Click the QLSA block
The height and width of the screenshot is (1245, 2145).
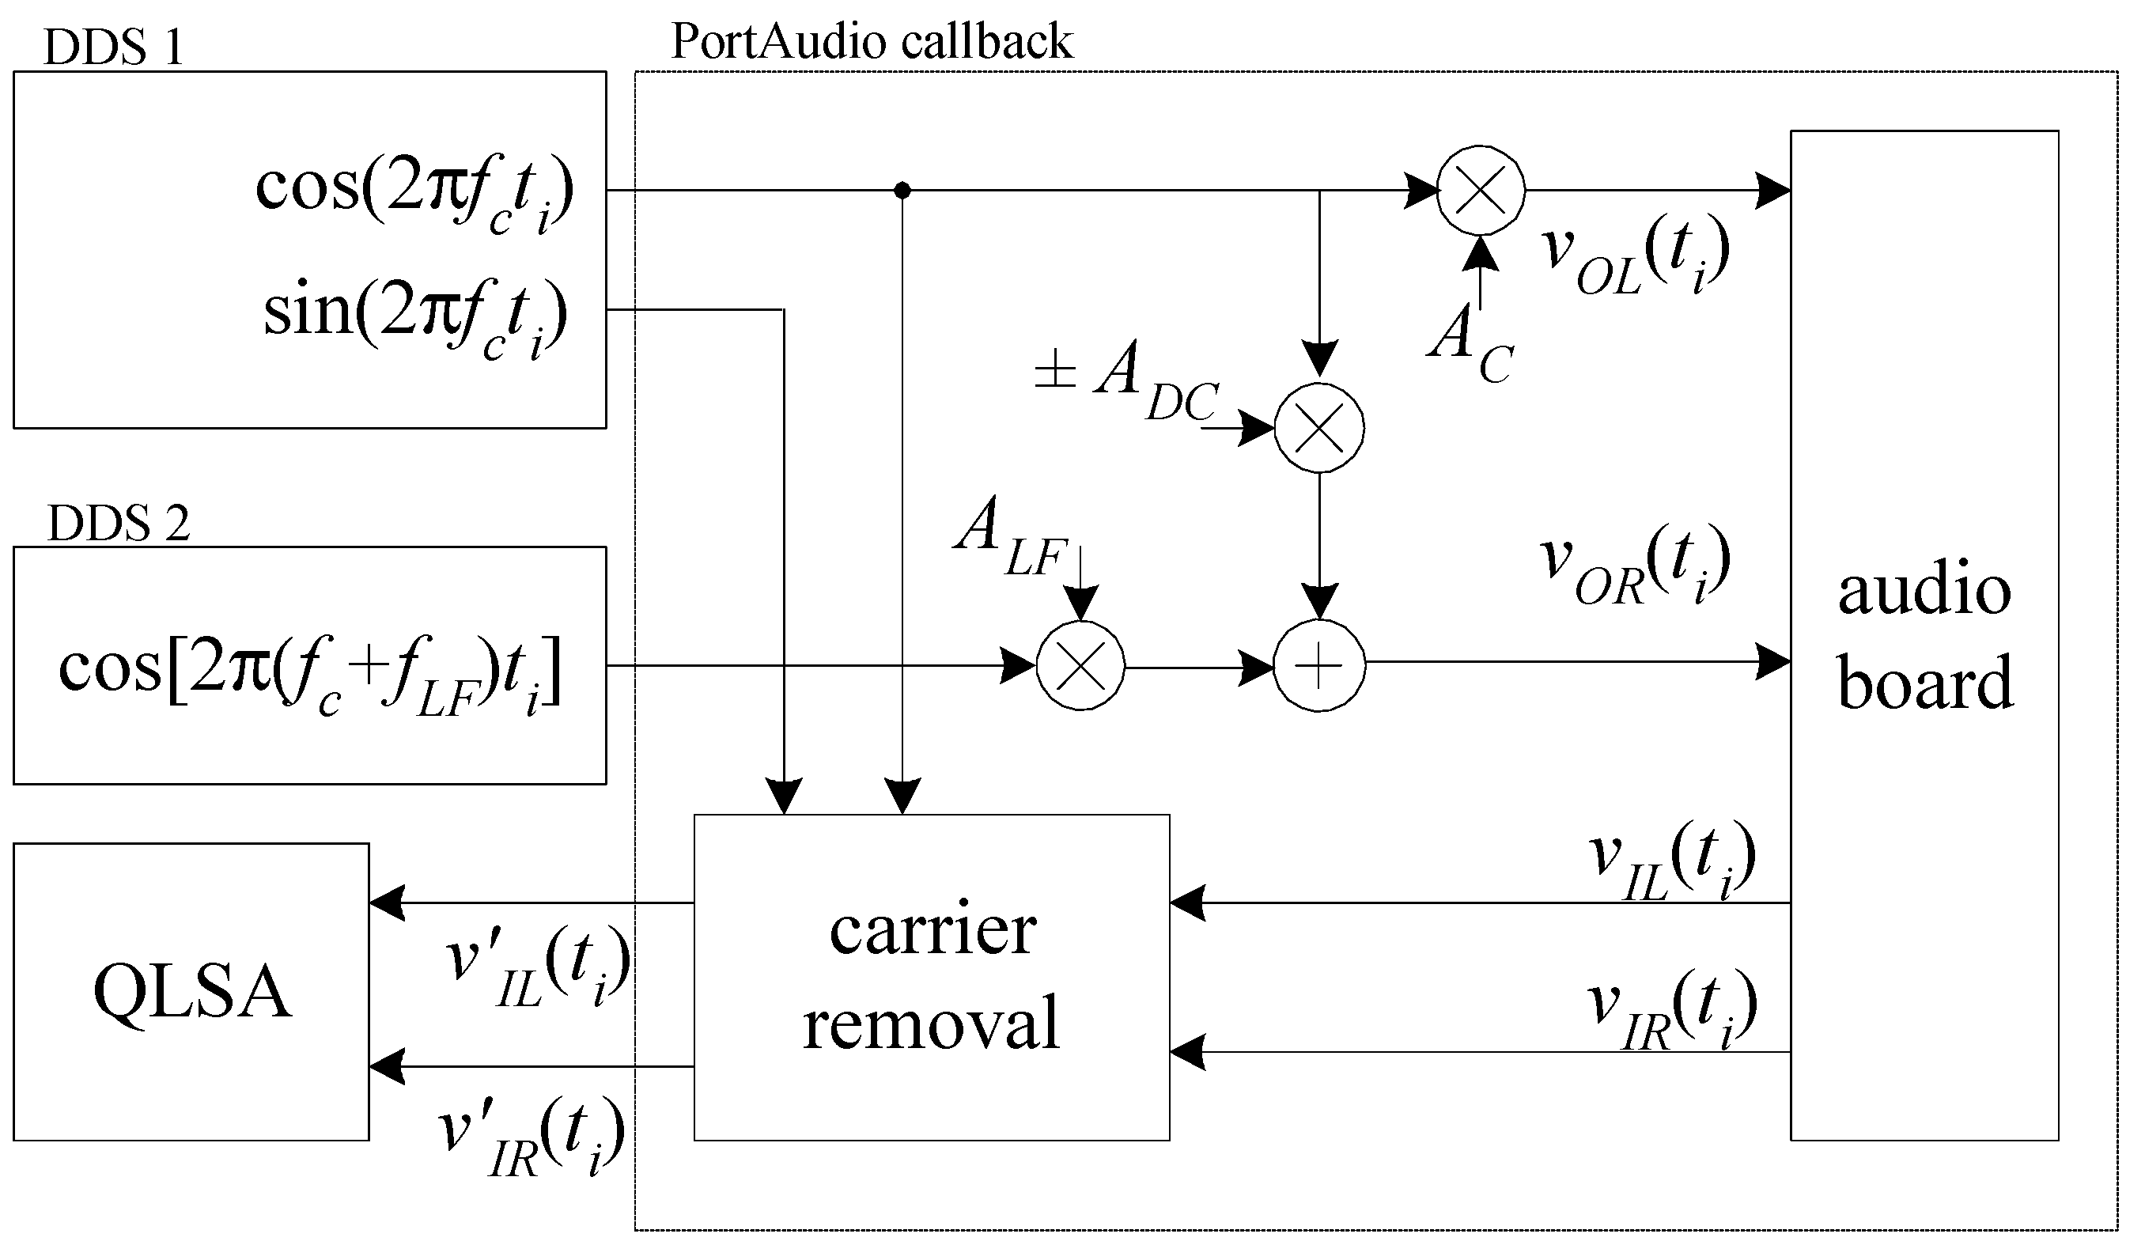(191, 992)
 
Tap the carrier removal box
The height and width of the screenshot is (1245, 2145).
(932, 978)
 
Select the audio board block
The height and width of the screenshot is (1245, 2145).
(1924, 635)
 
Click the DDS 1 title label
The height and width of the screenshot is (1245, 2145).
(113, 47)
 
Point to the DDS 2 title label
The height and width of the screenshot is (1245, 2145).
(119, 523)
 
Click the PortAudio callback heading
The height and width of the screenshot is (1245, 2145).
(872, 41)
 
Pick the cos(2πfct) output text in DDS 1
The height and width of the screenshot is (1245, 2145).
(414, 191)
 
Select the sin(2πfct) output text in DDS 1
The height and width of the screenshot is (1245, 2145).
(414, 316)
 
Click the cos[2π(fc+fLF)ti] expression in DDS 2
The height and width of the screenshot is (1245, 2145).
(310, 673)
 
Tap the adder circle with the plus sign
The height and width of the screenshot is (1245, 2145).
(1319, 666)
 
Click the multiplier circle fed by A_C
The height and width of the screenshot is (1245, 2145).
(1481, 190)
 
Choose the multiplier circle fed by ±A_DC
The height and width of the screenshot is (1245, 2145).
(1319, 427)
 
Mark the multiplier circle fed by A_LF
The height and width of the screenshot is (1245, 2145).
(1080, 665)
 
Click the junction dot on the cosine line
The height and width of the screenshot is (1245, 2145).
(903, 191)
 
